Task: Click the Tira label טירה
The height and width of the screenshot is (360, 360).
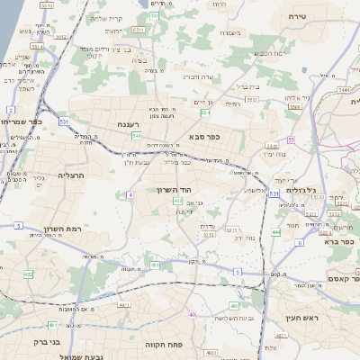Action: (299, 17)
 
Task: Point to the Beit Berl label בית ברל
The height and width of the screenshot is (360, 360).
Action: (249, 86)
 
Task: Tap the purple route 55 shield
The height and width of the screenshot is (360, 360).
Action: (291, 139)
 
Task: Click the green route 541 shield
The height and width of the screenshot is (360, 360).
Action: (136, 135)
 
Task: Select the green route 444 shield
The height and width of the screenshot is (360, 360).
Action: (276, 232)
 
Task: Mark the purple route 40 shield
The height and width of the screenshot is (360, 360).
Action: (193, 314)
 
